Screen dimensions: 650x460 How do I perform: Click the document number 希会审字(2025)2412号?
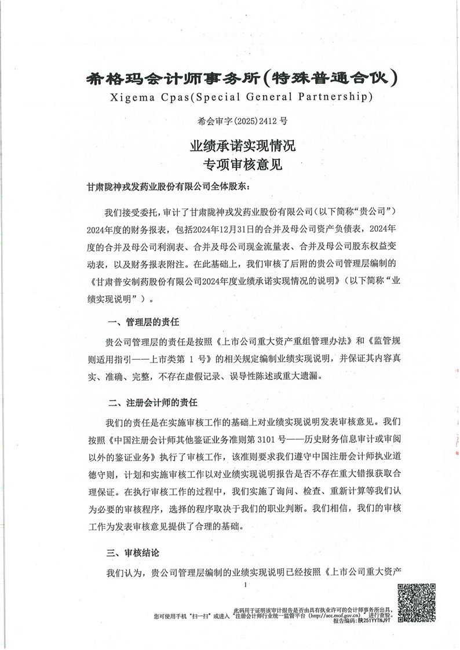click(231, 121)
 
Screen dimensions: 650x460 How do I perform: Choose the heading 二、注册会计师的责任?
click(150, 401)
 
